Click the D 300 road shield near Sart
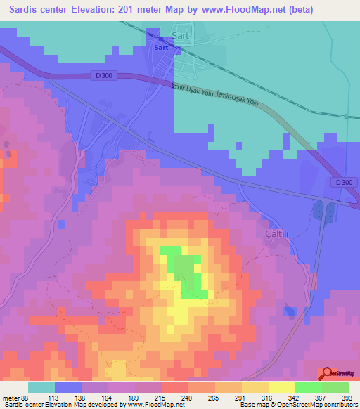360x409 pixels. pyautogui.click(x=102, y=75)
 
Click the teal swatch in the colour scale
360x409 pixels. pyautogui.click(x=41, y=387)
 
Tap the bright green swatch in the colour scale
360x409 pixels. pyautogui.click(x=308, y=387)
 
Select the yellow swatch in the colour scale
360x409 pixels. pyautogui.click(x=281, y=387)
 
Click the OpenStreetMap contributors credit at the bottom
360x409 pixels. pyautogui.click(x=317, y=405)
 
